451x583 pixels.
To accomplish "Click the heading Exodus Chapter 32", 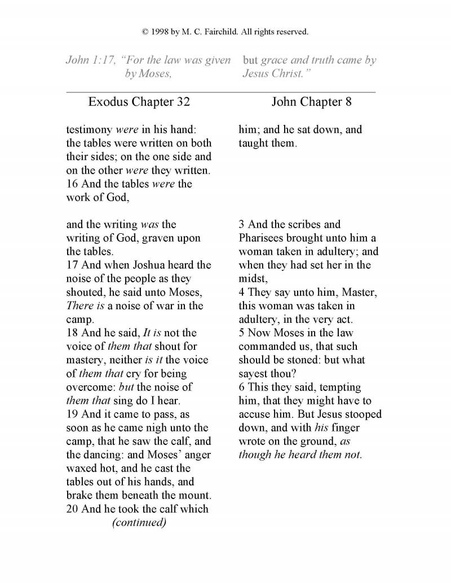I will (139, 102).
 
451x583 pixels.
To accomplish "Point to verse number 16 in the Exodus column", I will (73, 184).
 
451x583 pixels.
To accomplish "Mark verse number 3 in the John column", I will (242, 225).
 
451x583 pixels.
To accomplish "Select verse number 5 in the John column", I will (242, 333).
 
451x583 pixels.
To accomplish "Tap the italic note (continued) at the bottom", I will (139, 522).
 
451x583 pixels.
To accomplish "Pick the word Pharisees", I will (262, 238).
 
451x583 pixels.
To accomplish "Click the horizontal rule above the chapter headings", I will (221, 91).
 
